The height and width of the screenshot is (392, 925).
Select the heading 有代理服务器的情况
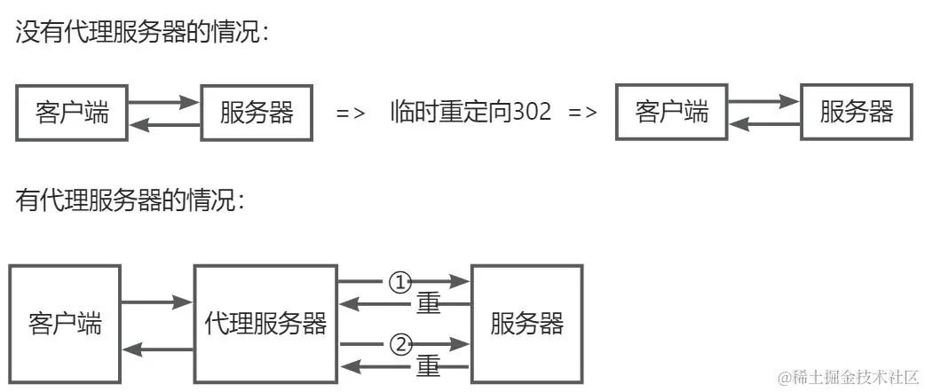tap(130, 200)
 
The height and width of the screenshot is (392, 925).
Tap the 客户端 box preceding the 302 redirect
tap(73, 113)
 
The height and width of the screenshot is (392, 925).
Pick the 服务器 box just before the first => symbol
tap(257, 113)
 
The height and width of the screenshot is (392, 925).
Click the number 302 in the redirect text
tap(532, 113)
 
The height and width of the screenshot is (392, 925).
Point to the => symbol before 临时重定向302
tap(351, 114)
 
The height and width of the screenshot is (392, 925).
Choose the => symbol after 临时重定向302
tap(581, 114)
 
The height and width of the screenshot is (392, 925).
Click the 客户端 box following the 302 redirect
tap(672, 113)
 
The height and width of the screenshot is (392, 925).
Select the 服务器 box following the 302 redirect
tap(856, 113)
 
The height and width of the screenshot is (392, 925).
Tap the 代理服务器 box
tap(265, 323)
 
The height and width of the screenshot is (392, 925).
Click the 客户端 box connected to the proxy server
tap(65, 323)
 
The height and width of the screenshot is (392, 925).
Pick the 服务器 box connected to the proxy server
tap(526, 323)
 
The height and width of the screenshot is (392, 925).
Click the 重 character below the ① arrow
tap(429, 304)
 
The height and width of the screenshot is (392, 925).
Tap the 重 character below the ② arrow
tap(429, 365)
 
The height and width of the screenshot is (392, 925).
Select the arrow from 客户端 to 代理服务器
tap(157, 303)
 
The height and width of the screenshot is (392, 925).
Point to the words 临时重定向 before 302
tap(451, 113)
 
